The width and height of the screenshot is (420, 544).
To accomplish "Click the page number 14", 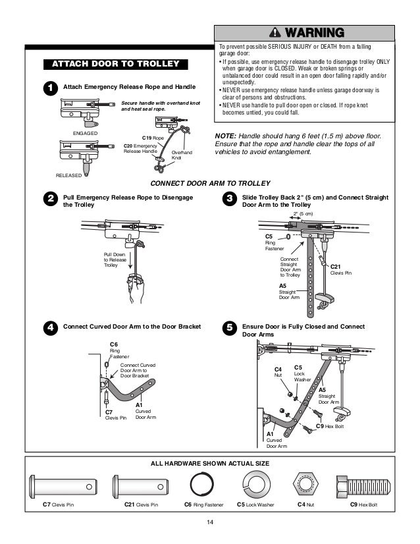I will (210, 524).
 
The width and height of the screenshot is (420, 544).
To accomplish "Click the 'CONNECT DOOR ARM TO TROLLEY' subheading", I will (209, 183).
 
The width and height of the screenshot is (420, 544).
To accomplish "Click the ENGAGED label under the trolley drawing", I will (85, 133).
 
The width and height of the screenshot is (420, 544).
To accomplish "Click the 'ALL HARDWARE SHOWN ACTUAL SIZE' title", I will (209, 464).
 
